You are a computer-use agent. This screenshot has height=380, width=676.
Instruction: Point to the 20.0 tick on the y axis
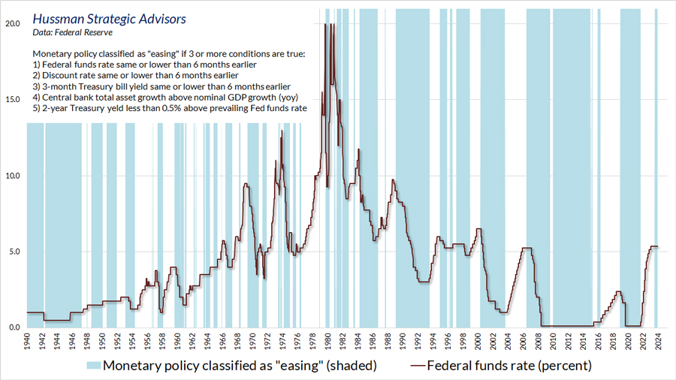13,23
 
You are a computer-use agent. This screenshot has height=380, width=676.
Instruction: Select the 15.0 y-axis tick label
13,100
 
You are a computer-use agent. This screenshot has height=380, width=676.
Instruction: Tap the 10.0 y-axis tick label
13,176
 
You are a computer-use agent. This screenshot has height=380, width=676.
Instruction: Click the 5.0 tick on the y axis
15,252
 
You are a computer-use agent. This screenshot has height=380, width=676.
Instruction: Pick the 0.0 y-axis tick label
15,327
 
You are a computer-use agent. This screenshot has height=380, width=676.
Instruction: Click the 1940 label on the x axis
27,342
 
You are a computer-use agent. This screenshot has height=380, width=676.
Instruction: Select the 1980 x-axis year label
328,342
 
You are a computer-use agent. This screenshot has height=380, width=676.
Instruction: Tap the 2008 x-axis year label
539,342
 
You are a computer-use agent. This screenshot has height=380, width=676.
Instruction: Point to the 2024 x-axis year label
659,342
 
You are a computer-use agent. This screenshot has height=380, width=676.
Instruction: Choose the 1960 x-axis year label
177,342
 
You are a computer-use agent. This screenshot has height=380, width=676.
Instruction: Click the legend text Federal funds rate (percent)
509,366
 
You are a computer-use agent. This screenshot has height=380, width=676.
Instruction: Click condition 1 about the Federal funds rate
134,65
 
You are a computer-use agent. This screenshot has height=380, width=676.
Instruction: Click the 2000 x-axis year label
478,342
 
